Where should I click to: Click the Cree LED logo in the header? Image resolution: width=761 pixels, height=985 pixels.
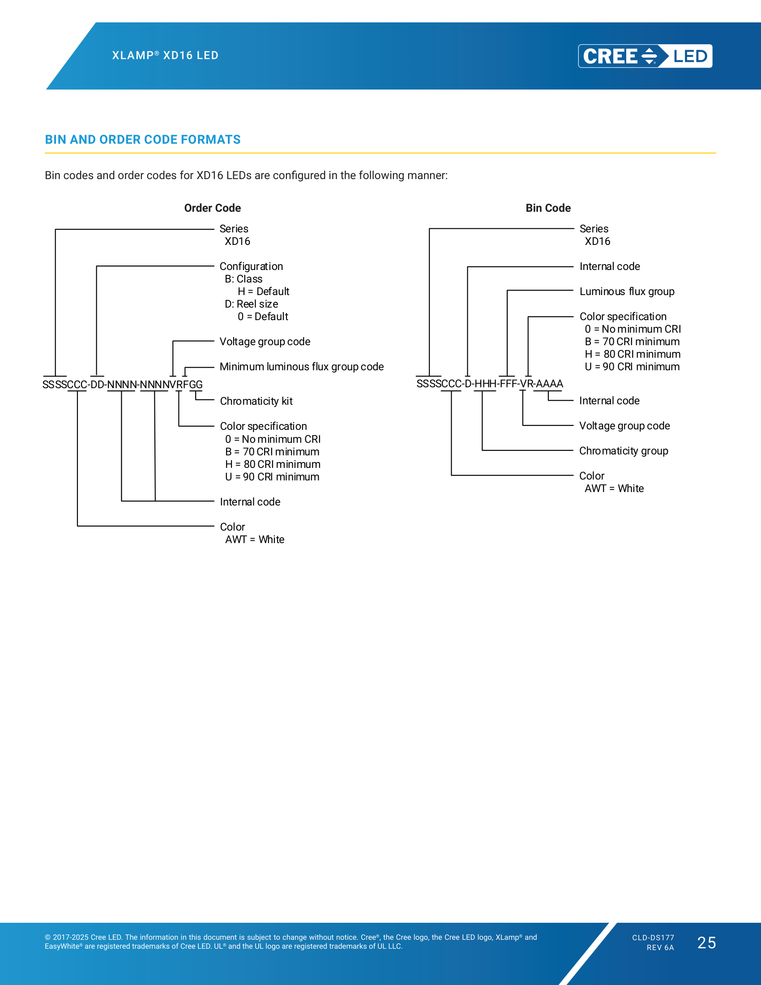point(645,56)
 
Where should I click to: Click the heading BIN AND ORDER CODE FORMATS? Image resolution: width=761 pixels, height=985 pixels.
point(142,140)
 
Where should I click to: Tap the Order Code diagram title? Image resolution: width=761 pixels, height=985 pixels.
point(212,208)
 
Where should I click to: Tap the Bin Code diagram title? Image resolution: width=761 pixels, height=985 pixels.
point(548,208)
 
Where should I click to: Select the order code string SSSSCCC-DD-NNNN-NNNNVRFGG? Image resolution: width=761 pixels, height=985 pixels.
point(123,385)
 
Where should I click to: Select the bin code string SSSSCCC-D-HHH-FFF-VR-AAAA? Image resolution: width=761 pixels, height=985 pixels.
point(490,384)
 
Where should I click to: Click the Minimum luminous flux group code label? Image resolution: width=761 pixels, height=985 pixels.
point(302,367)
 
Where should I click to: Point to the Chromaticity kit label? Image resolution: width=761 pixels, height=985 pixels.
point(256,402)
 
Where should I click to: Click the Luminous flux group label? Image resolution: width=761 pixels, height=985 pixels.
point(627,291)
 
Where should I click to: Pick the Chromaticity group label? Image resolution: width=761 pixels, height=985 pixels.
point(624,451)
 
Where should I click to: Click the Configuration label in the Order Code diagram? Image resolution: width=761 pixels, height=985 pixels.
point(251,266)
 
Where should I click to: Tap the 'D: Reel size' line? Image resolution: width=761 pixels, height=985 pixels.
point(252,304)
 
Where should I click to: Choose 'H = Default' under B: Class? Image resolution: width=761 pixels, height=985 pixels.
point(263,291)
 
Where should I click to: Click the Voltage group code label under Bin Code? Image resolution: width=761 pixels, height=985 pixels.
point(624,426)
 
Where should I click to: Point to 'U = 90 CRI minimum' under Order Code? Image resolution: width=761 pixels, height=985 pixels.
point(272,477)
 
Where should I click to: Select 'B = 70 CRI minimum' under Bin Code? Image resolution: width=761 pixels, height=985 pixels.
point(632,342)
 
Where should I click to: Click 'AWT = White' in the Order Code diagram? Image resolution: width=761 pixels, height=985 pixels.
point(255,540)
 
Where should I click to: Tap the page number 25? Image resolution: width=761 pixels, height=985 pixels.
point(706,942)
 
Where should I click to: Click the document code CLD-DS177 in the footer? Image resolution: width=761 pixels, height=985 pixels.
point(653,938)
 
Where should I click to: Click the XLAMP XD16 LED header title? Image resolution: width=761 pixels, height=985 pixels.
point(166,55)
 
